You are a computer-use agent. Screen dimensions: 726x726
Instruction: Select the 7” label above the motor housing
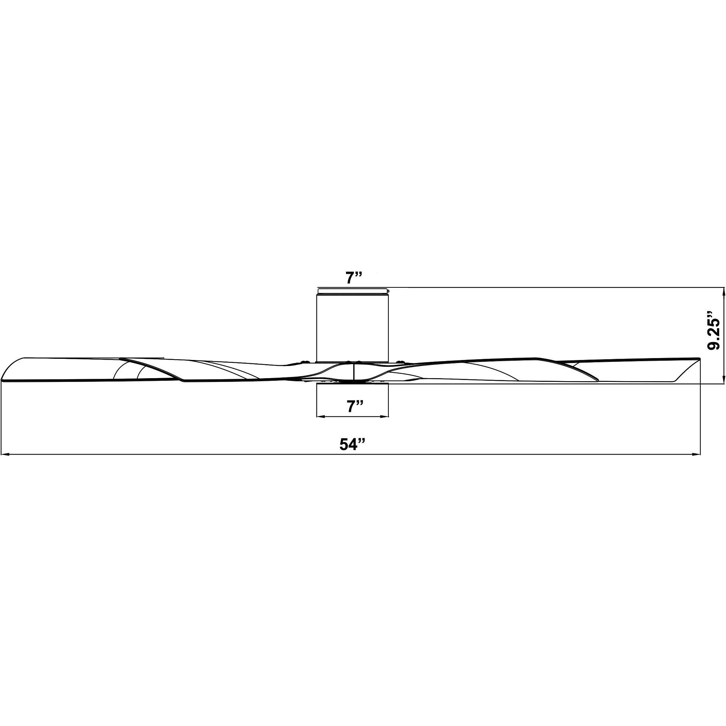[354, 278]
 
